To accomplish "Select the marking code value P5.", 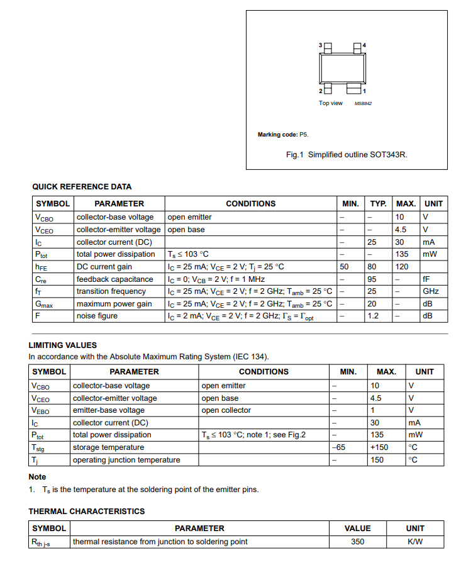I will (304, 135).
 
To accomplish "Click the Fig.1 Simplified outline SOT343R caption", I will (347, 154).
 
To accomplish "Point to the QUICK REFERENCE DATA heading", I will (82, 186).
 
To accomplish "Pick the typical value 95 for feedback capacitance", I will (372, 279).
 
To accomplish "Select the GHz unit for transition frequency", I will (431, 291).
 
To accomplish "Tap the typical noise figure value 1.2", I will (373, 316).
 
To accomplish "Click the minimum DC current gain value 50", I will (344, 267).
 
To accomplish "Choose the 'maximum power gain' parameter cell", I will (114, 304).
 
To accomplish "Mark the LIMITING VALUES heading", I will (62, 345).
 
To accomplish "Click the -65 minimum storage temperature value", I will (339, 447).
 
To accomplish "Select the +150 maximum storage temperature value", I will (379, 447).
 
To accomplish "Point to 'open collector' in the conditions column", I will (226, 410).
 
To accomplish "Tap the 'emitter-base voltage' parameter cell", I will (108, 410).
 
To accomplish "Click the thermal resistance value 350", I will (357, 542).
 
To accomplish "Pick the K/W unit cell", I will (415, 542).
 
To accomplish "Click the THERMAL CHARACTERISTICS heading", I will (86, 512).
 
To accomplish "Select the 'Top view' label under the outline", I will (331, 103).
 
